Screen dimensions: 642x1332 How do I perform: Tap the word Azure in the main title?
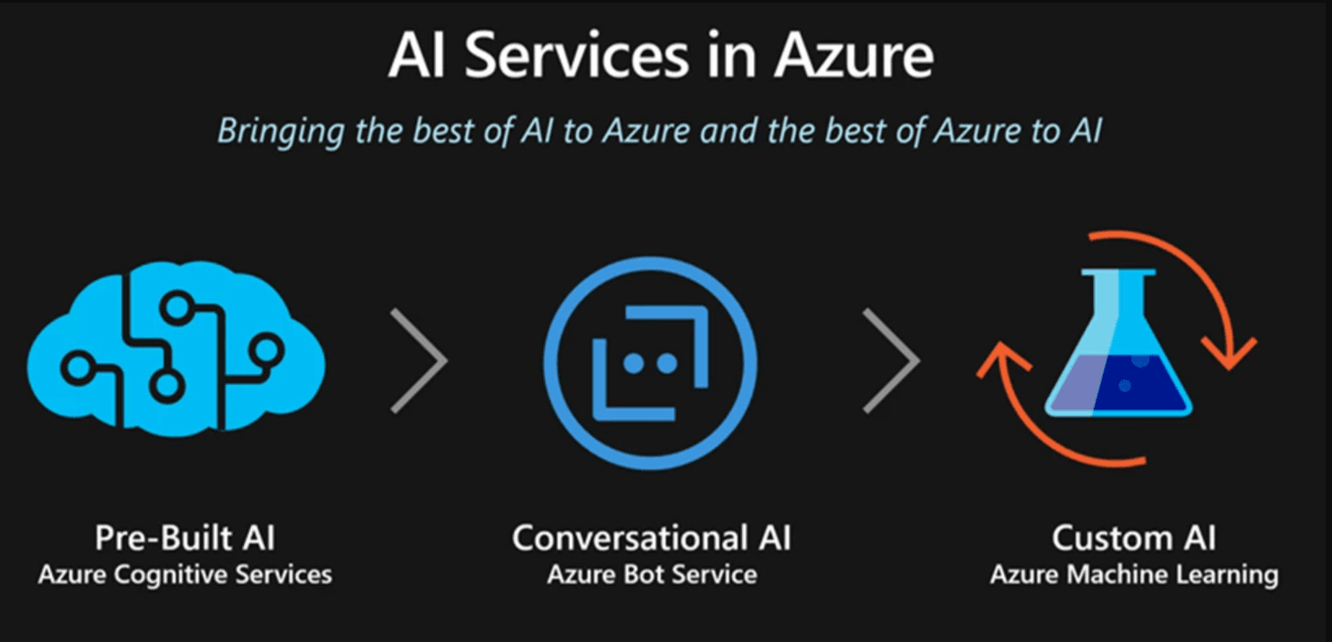tap(854, 58)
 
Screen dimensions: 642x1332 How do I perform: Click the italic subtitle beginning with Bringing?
tap(660, 131)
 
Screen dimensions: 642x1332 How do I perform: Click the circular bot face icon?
tap(650, 363)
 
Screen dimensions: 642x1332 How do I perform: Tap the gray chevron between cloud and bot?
tap(419, 359)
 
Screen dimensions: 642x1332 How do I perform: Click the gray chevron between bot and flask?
tap(891, 359)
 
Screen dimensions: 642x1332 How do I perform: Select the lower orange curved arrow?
tap(1038, 415)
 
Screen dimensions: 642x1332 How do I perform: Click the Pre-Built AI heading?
tap(184, 537)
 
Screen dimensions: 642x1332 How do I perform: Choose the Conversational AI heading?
tap(651, 537)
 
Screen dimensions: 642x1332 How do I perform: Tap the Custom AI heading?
tap(1133, 537)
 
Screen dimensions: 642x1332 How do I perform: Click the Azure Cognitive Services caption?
tap(184, 575)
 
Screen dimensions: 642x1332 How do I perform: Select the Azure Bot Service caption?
tap(651, 575)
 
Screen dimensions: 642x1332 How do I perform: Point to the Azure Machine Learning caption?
tap(1133, 575)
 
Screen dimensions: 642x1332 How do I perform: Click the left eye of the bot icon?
tap(634, 364)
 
